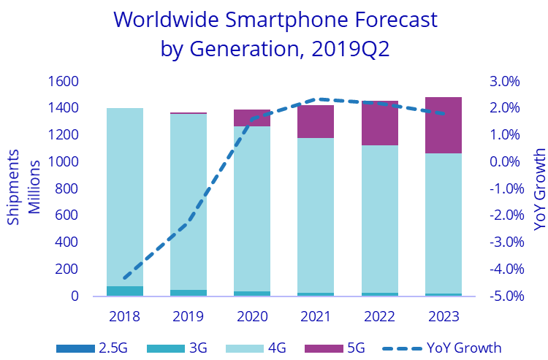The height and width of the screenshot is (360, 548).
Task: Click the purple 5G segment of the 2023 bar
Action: point(444,125)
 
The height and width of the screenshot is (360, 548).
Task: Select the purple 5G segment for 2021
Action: point(316,121)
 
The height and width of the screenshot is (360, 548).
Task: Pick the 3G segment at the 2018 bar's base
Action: point(125,291)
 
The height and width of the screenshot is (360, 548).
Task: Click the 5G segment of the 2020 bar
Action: point(252,118)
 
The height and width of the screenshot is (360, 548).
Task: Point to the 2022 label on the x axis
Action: point(379,317)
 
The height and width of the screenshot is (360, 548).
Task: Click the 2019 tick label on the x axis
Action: point(188,317)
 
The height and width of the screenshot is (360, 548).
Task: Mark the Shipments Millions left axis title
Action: point(23,188)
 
